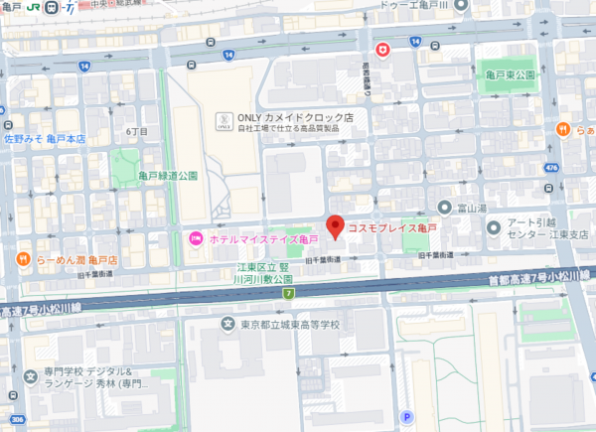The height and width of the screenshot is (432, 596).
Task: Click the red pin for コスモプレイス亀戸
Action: (336, 226)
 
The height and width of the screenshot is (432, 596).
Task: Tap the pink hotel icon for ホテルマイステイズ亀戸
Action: (196, 238)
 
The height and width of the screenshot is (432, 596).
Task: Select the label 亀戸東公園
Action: (511, 75)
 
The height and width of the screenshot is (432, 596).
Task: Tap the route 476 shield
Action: (551, 168)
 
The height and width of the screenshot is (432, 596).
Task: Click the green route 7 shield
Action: (288, 293)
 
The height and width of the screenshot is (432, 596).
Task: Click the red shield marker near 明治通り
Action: (381, 49)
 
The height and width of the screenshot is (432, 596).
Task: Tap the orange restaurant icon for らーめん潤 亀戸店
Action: (22, 260)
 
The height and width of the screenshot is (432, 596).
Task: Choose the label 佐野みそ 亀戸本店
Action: (45, 139)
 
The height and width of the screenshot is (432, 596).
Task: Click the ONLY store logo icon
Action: (223, 121)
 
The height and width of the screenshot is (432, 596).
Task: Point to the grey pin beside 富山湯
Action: (444, 210)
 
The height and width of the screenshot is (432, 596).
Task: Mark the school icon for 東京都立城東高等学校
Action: (229, 325)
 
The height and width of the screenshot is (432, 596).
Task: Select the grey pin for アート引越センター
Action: (494, 227)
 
